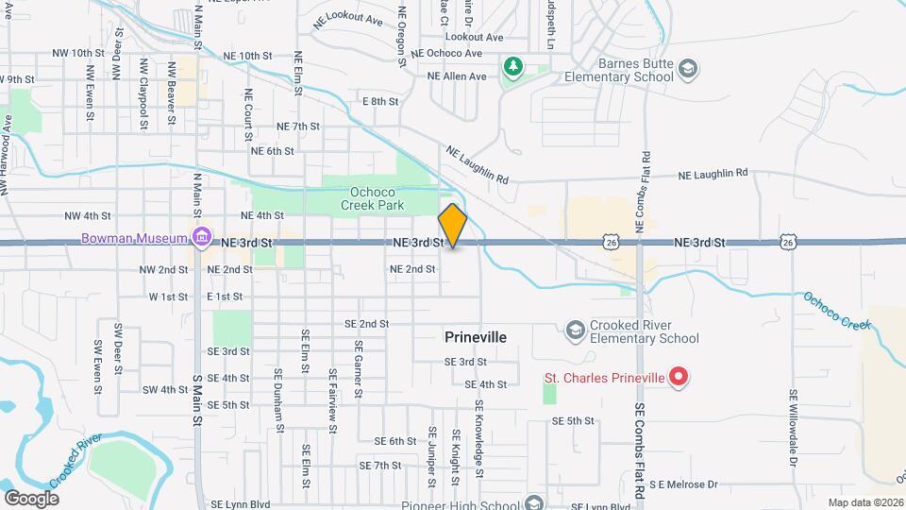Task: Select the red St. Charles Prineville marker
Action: [x=679, y=378]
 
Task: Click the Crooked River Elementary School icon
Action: [x=575, y=330]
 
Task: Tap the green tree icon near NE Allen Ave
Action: [x=512, y=67]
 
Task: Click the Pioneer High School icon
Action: [x=535, y=502]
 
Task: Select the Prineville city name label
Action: [x=476, y=337]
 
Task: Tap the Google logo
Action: [x=31, y=498]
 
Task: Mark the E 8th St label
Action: [x=380, y=101]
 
